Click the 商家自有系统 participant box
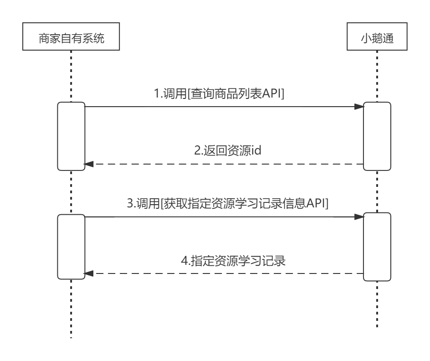pos(71,38)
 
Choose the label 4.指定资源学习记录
pos(233,262)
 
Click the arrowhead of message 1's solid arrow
pos(359,107)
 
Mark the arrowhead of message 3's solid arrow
pos(359,217)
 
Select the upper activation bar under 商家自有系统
pos(71,136)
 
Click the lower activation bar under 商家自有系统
pos(71,247)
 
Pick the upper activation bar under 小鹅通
pos(377,136)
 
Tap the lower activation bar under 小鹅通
pos(377,247)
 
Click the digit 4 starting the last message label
pos(184,262)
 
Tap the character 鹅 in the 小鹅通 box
pos(377,38)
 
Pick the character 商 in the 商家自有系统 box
pos(42,38)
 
